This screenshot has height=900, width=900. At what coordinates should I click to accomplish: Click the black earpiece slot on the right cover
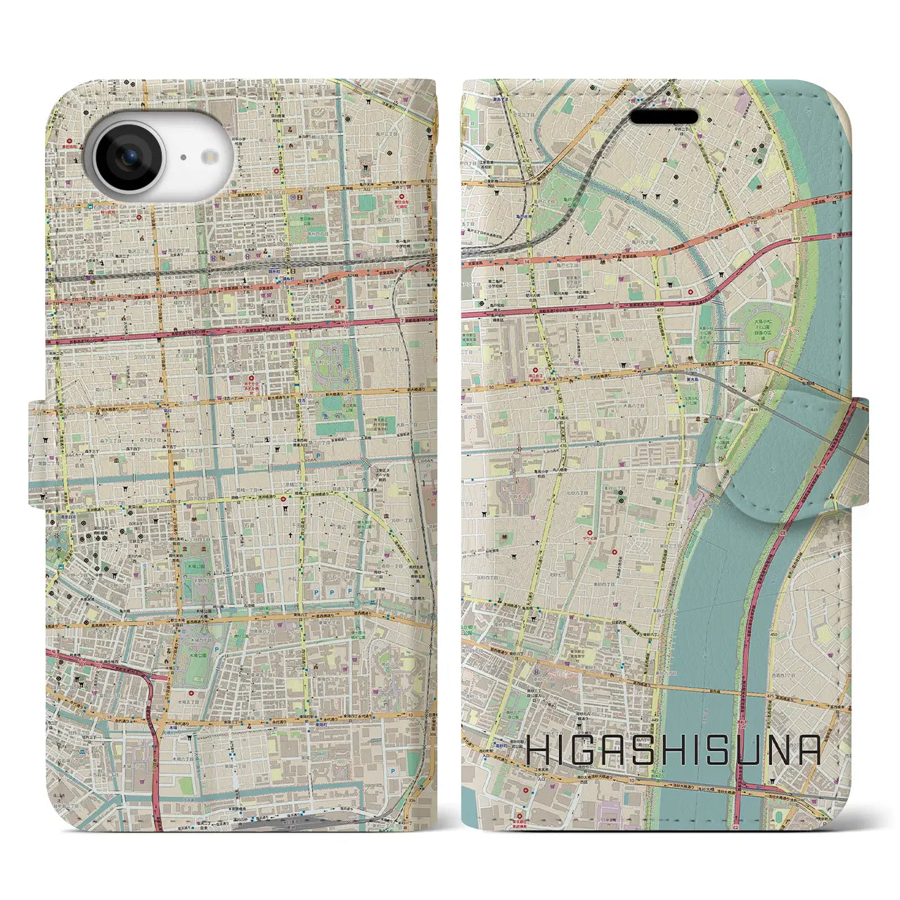664,117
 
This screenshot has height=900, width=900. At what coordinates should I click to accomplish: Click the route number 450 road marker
773,634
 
